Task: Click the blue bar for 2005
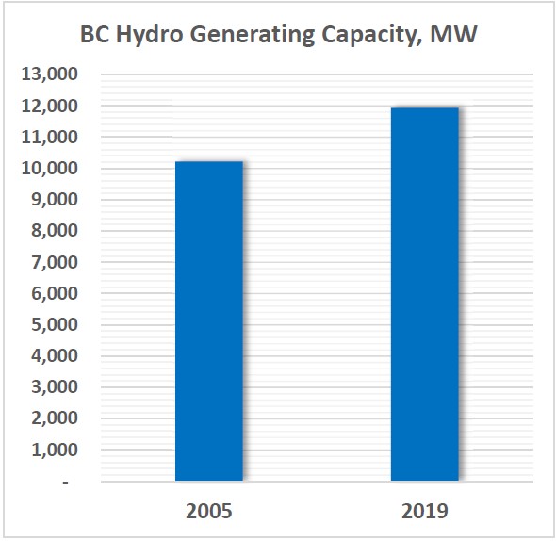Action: coord(208,321)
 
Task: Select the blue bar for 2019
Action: coord(424,295)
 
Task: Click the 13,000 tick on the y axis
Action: coord(49,74)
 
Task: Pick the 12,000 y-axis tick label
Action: coord(49,107)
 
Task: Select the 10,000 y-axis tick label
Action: coord(49,169)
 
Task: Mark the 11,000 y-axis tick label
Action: coord(49,138)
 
